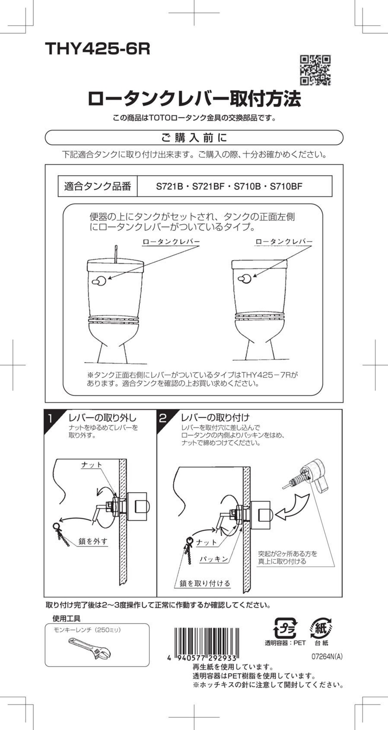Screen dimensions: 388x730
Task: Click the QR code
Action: point(315,70)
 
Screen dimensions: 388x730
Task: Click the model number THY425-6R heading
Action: point(98,49)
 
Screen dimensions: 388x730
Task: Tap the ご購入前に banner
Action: point(194,138)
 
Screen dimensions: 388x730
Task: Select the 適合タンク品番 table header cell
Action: point(97,186)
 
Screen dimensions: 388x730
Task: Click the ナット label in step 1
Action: point(92,465)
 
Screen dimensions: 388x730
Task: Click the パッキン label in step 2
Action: point(214,559)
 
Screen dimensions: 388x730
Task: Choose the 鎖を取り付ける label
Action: point(205,583)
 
